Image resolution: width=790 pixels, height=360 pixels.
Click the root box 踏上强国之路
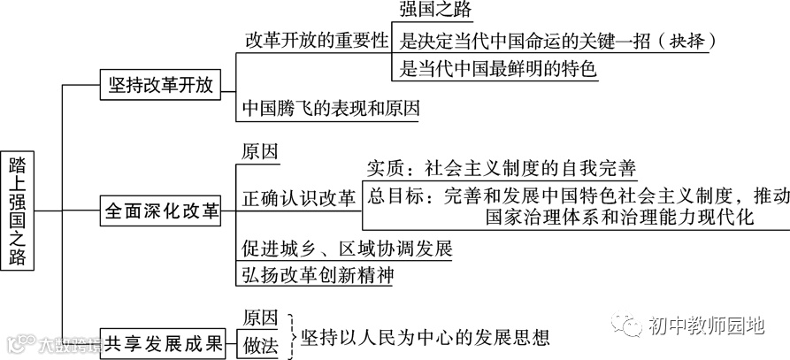(x=17, y=211)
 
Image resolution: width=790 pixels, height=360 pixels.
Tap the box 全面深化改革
(x=162, y=213)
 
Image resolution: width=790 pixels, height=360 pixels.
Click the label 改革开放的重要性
(x=317, y=41)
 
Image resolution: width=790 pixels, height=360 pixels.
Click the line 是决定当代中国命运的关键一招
(x=539, y=41)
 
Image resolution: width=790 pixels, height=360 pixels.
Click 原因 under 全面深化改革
(x=260, y=150)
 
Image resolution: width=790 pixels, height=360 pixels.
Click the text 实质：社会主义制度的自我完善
(x=501, y=168)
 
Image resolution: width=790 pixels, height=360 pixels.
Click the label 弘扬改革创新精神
(x=317, y=274)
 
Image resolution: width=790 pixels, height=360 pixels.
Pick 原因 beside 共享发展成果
(x=260, y=318)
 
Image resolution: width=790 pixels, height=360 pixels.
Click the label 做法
(x=260, y=346)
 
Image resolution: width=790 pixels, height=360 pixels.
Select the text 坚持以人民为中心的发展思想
(x=425, y=337)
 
